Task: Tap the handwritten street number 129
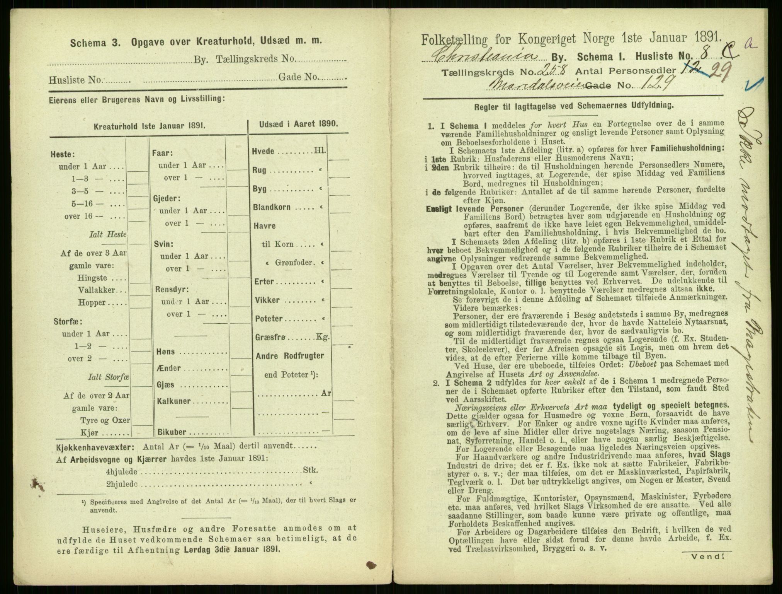click(x=658, y=82)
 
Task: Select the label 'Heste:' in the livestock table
click(x=62, y=154)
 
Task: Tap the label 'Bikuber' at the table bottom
click(x=172, y=432)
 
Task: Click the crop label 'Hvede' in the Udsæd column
click(x=264, y=152)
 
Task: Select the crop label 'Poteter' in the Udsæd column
click(x=269, y=319)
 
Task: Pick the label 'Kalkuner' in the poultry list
click(x=173, y=401)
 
